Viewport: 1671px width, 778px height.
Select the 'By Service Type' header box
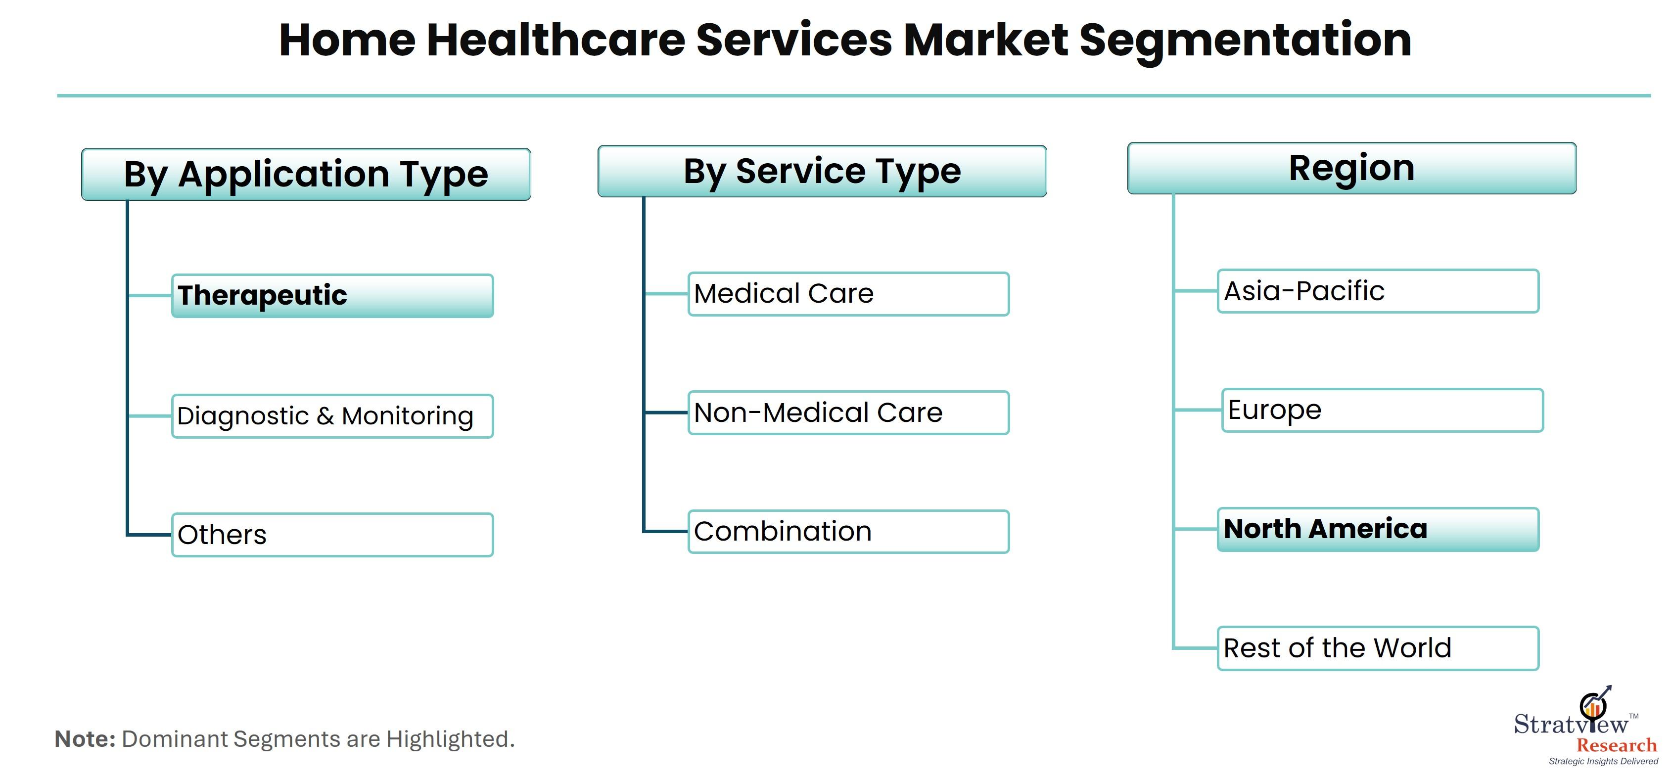click(822, 171)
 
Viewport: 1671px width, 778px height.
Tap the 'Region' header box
click(1352, 168)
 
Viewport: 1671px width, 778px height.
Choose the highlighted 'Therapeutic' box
click(332, 296)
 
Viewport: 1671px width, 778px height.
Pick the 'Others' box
click(332, 535)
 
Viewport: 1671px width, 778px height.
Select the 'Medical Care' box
click(848, 294)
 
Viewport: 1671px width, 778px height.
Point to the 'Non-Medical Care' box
click(848, 412)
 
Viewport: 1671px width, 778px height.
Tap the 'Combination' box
click(848, 532)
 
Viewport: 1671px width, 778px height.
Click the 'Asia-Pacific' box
click(1378, 291)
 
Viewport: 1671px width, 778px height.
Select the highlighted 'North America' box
click(1378, 530)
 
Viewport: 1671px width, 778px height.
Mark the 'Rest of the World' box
click(1378, 648)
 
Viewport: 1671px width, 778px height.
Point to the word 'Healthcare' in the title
click(556, 40)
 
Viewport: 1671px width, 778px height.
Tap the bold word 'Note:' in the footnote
click(85, 739)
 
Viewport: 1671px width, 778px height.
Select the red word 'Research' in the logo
click(1617, 745)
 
